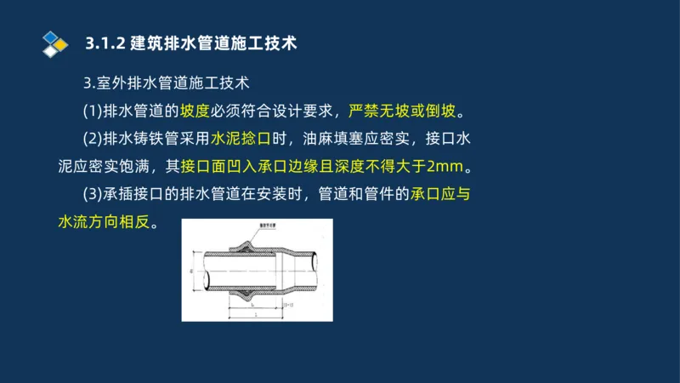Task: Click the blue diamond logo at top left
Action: coord(54,43)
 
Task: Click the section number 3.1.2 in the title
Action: coord(103,43)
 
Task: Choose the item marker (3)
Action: coord(92,193)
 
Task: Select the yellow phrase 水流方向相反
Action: coord(103,221)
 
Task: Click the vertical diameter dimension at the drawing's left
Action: coord(190,273)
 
